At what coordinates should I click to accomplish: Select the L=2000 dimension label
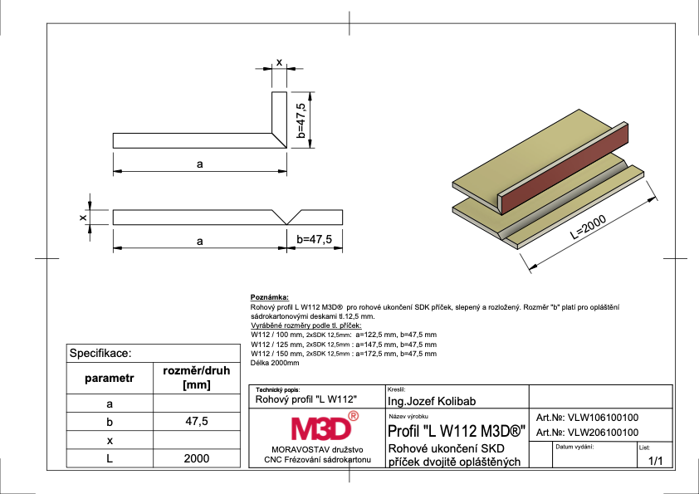click(589, 227)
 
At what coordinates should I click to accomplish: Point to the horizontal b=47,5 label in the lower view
click(315, 239)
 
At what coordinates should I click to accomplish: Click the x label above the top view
click(279, 62)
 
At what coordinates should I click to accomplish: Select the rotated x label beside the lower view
click(83, 218)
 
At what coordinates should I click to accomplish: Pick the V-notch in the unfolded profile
click(286, 218)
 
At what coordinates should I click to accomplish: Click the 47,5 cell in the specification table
click(197, 421)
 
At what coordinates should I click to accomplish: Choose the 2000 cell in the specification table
click(197, 458)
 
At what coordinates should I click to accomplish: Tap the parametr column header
click(110, 378)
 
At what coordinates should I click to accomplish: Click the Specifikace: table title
click(100, 354)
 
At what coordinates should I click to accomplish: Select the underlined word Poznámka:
click(270, 297)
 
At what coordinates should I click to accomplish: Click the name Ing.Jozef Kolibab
click(432, 401)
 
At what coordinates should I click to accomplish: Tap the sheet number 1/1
click(655, 461)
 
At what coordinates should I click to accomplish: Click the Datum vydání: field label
click(574, 447)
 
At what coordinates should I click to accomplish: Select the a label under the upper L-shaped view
click(200, 164)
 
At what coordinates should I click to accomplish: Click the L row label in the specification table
click(110, 458)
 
